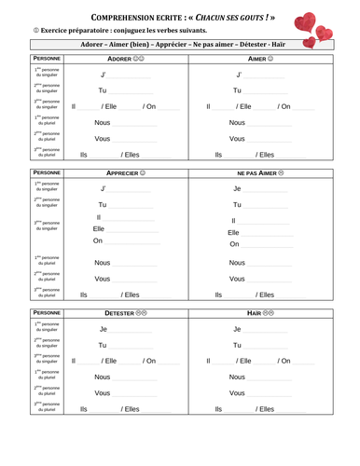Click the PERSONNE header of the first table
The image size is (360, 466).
(x=33, y=59)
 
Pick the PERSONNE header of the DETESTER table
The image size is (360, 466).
(x=33, y=313)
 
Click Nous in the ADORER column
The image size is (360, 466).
(x=103, y=122)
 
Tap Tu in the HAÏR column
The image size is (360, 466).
(x=238, y=345)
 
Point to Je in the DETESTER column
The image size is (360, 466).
(x=104, y=329)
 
